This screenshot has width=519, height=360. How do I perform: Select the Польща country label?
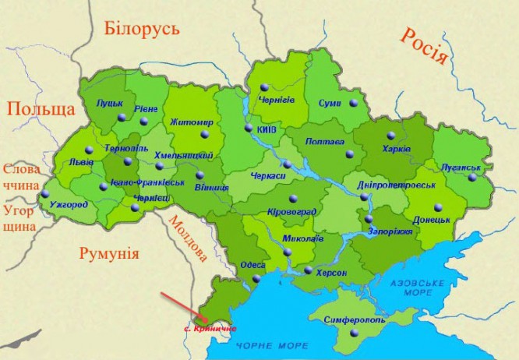click(41, 108)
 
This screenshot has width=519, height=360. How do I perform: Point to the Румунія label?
click(109, 253)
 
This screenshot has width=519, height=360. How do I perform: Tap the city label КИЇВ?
click(266, 129)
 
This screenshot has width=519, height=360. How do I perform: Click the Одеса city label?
click(252, 265)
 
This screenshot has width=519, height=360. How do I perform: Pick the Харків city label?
click(397, 149)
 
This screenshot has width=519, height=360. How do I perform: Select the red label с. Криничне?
click(210, 330)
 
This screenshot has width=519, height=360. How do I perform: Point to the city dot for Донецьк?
click(438, 206)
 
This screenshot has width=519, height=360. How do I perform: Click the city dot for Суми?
click(353, 103)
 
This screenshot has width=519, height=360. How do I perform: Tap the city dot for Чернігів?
click(264, 86)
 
